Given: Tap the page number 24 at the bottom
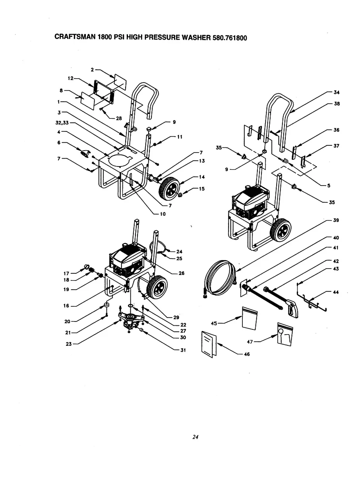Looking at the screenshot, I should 195,437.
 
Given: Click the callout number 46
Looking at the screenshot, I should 246,354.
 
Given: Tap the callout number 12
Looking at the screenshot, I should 70,78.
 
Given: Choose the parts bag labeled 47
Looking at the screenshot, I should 285,333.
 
